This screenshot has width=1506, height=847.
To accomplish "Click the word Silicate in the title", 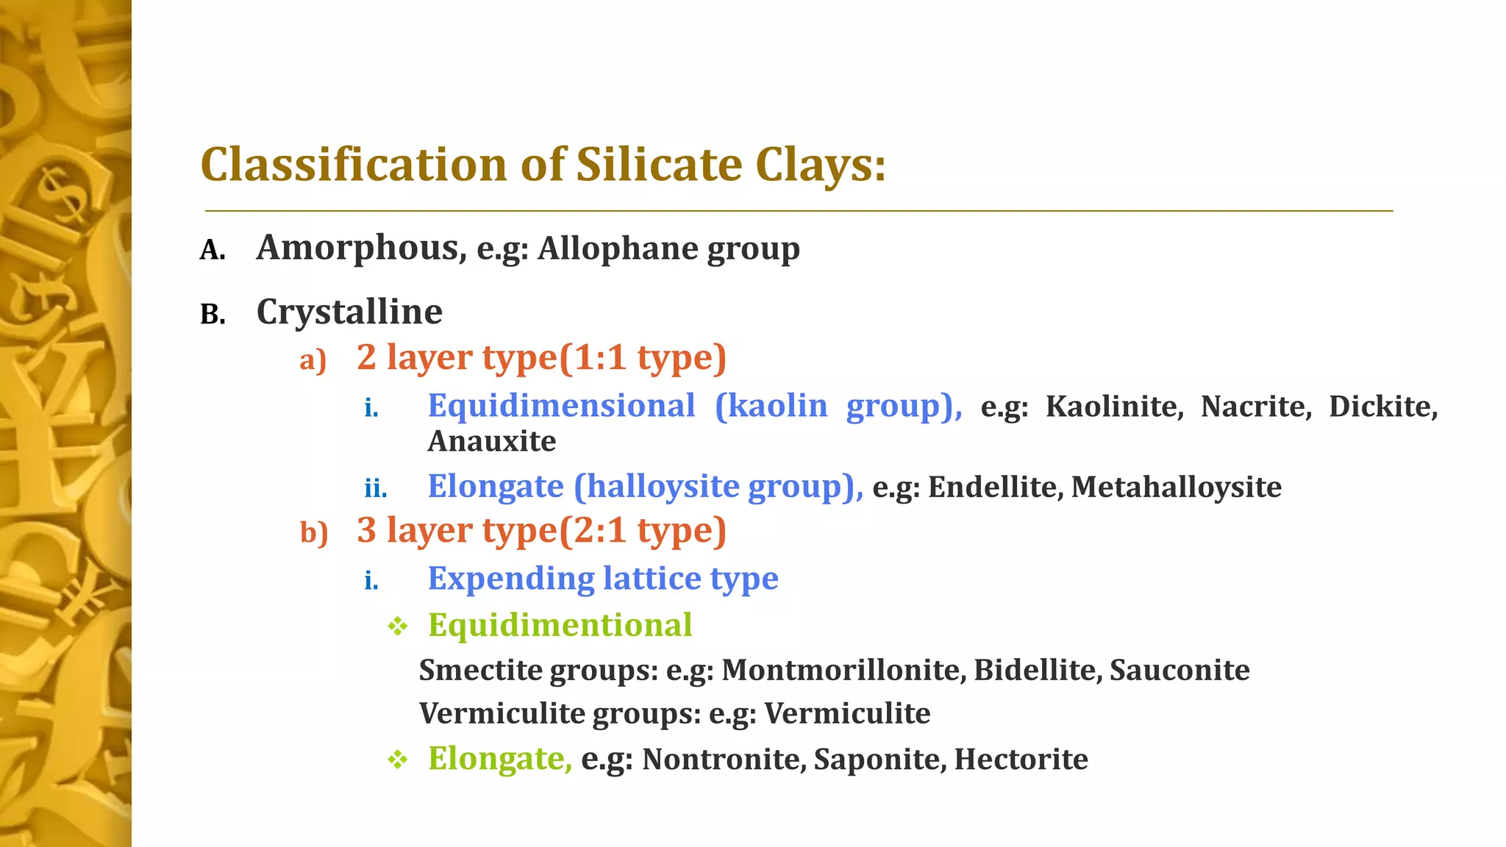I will point(658,164).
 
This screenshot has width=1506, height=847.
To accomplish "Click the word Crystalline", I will point(349,312).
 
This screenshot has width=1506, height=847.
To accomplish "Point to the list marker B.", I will point(213,315).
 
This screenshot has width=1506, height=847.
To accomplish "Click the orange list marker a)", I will point(313,360).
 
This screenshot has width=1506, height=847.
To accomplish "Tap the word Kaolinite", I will point(1114,407).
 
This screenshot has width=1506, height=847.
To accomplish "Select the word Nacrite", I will point(1256,407).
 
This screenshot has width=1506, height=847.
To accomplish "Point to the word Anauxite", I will point(492,441).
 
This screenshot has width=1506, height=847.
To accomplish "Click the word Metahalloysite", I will point(1176,487).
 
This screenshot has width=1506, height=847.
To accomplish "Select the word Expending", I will point(511,579).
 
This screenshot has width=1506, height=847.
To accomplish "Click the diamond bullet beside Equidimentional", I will point(398,626).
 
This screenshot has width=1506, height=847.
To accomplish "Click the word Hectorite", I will point(1021,760).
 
